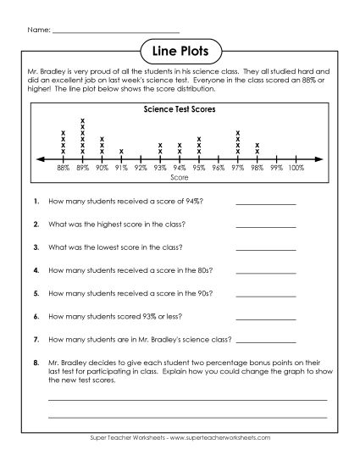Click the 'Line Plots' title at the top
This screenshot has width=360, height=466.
pyautogui.click(x=180, y=51)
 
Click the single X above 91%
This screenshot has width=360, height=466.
pyautogui.click(x=121, y=153)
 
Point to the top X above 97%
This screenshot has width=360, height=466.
pyautogui.click(x=238, y=132)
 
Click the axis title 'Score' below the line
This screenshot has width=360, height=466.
pyautogui.click(x=180, y=178)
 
